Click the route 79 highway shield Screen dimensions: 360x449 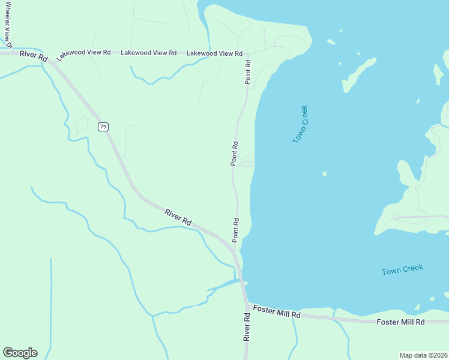pos(104,127)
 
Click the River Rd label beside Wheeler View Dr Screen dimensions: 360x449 pos(33,55)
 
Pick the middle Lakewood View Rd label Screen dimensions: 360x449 pos(148,53)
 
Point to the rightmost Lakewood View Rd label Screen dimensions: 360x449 pos(214,53)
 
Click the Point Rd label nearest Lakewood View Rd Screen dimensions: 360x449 pos(247,71)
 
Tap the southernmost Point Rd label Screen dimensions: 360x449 pos(236,229)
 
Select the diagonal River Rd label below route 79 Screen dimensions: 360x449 pos(178,217)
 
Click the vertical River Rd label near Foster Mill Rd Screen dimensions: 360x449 pos(246,326)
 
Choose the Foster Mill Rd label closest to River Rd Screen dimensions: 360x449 pos(276,312)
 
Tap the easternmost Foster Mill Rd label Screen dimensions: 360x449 pos(400,322)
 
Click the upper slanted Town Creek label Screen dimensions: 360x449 pos(300,124)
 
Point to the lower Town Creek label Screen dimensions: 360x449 pos(402,271)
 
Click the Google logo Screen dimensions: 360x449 pos(20,353)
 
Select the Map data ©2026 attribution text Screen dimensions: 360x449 pos(424,355)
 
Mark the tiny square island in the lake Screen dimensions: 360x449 pos(325,174)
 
